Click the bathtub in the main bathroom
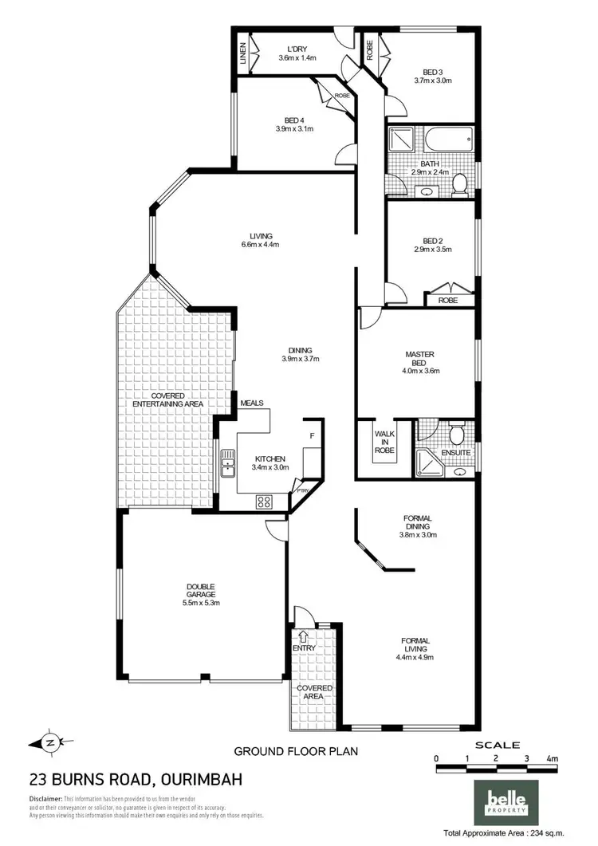[x=447, y=141]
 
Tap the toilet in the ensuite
[x=458, y=435]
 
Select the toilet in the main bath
[x=459, y=185]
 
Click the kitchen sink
[x=228, y=463]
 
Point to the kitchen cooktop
[x=264, y=502]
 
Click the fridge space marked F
[x=312, y=436]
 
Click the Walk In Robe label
[x=384, y=442]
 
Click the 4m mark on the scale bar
[x=552, y=758]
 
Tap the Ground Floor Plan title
[x=295, y=750]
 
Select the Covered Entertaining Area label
[x=167, y=399]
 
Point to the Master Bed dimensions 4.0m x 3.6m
[x=421, y=370]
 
